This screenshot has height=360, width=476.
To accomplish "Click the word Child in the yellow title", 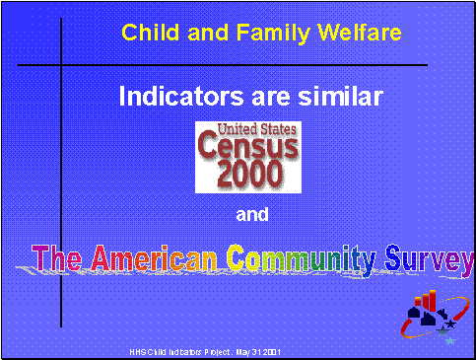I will [x=145, y=33].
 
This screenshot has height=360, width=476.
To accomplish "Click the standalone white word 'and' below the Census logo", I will [x=252, y=214].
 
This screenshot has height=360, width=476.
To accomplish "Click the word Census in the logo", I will [x=246, y=148].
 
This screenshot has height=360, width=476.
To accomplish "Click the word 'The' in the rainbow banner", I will [x=59, y=259].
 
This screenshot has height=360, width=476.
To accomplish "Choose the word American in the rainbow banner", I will [x=156, y=259].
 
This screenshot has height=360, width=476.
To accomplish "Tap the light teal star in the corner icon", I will [x=450, y=340].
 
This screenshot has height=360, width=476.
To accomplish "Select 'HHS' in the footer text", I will [x=138, y=352].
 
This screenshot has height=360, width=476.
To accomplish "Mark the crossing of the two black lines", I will [x=62, y=65].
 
